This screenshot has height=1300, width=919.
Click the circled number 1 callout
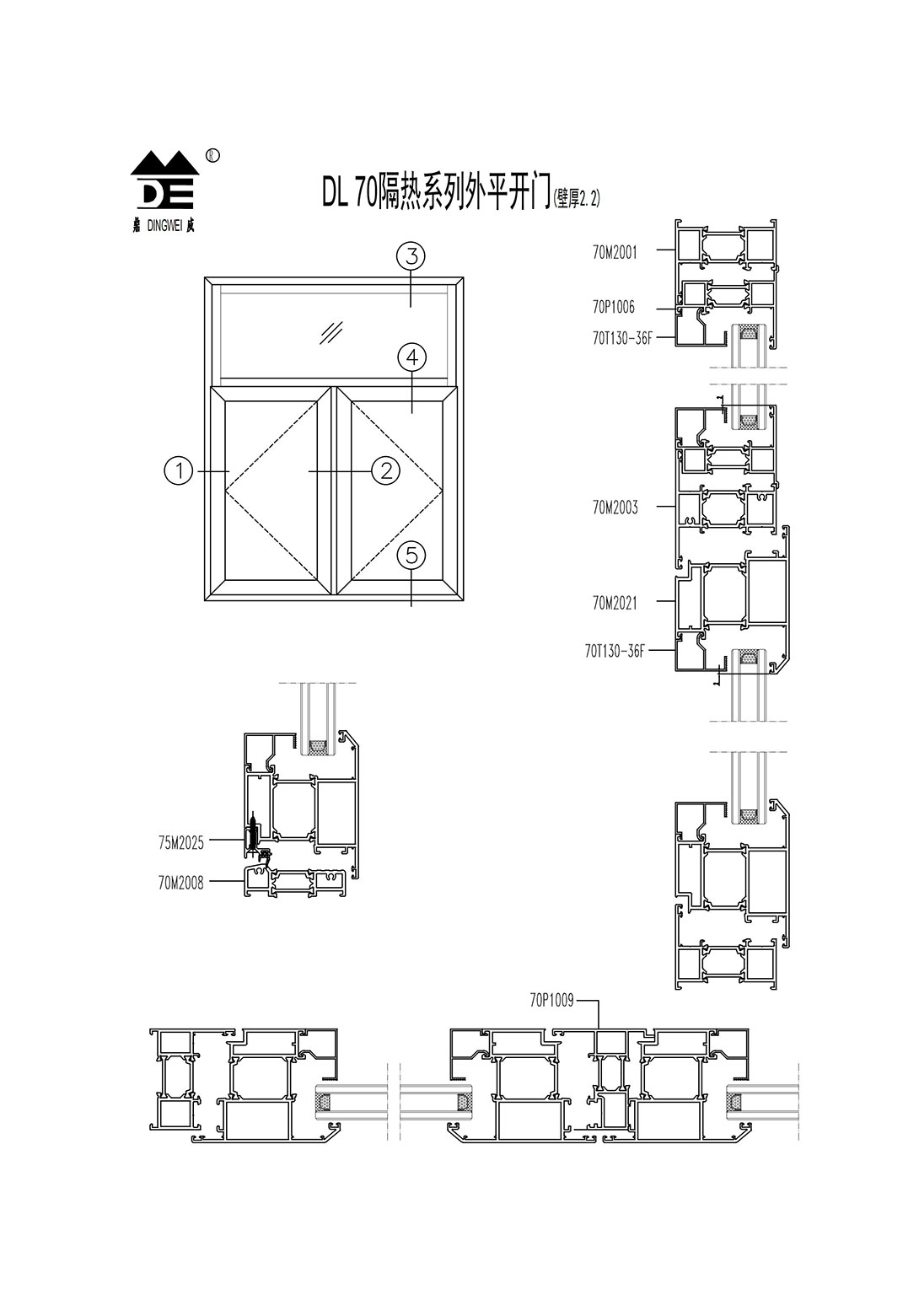pyautogui.click(x=179, y=470)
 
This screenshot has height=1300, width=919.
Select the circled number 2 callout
pyautogui.click(x=386, y=470)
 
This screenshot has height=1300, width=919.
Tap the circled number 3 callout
pyautogui.click(x=411, y=255)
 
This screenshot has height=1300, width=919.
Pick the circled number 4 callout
pyautogui.click(x=411, y=357)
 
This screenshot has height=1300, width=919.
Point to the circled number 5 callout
pyautogui.click(x=411, y=556)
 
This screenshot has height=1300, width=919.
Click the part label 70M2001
pyautogui.click(x=615, y=252)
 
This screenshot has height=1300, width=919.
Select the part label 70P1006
pyautogui.click(x=614, y=307)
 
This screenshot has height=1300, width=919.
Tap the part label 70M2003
pyautogui.click(x=615, y=508)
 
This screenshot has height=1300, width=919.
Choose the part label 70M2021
pyautogui.click(x=615, y=604)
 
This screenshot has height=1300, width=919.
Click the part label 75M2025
pyautogui.click(x=181, y=843)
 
